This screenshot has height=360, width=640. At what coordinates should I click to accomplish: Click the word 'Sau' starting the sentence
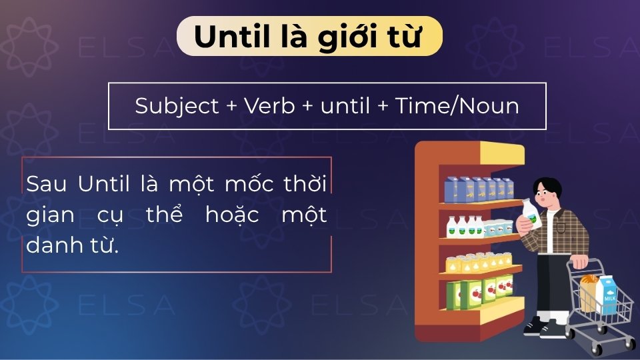[46, 184]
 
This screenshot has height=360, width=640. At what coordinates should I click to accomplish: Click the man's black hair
[549, 187]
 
